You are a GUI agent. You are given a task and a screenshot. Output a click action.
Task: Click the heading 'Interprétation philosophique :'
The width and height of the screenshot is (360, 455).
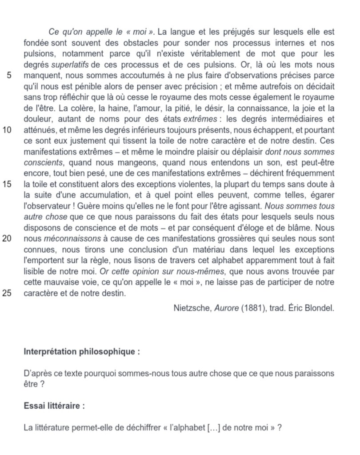point(82,351)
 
